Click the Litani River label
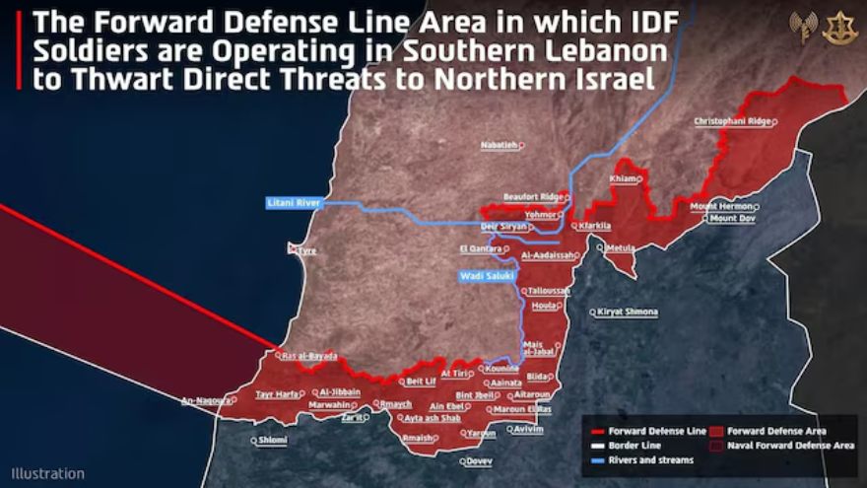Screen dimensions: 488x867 point(294,203)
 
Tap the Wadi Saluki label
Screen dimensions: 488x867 point(487,276)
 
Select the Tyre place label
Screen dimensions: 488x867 point(305,250)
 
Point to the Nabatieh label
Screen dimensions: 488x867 point(499,145)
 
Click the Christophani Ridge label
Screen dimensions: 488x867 point(732,121)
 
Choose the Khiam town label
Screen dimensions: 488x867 point(624,178)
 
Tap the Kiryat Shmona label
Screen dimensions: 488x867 point(628,312)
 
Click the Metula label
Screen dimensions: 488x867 point(621,247)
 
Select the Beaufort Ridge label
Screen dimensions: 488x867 point(532,196)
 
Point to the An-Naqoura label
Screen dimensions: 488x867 point(205,400)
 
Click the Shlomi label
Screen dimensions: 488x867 point(272,440)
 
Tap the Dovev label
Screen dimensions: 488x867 point(479,460)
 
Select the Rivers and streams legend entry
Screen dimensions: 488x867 point(650,459)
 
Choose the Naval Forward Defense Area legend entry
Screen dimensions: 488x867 point(790,446)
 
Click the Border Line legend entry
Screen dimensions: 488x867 point(634,446)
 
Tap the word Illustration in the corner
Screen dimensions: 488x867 point(48,473)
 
